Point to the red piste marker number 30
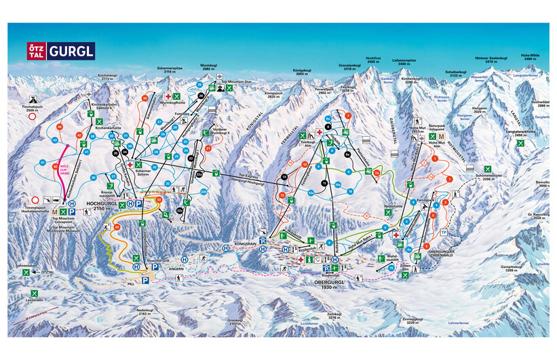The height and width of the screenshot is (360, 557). (x=145, y=98)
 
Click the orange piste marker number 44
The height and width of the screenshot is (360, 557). (x=60, y=127)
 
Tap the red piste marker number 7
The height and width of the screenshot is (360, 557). (x=349, y=115)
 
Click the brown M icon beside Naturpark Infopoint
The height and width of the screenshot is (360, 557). (x=442, y=136)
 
